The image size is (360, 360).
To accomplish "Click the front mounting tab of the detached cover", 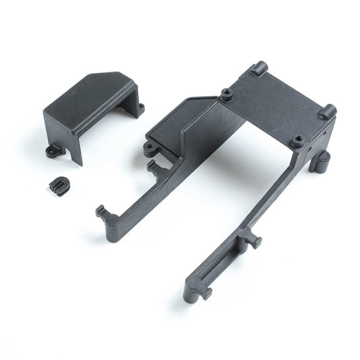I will point(52,151).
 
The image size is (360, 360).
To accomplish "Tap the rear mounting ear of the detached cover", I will point(140,107).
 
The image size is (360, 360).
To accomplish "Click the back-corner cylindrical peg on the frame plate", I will point(259,68).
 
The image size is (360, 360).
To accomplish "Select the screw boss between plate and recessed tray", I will point(223,94).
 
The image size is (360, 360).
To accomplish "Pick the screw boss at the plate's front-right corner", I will point(297,140).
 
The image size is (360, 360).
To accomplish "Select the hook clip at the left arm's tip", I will point(102,211).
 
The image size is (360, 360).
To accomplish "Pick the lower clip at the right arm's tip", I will point(203,292).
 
